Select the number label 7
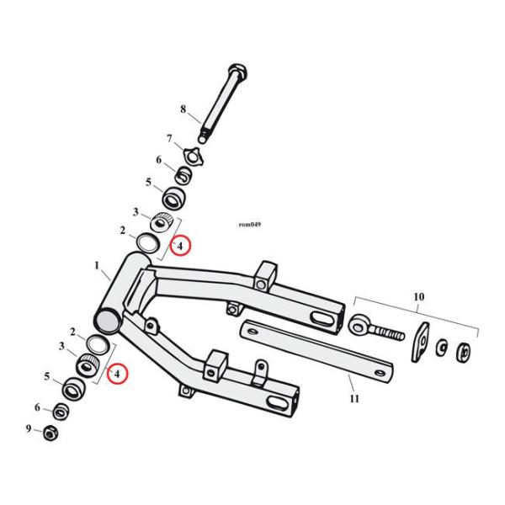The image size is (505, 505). [x=168, y=139]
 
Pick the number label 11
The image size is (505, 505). [x=353, y=398]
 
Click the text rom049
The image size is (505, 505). [x=251, y=225]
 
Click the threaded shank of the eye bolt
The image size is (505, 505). [x=387, y=331]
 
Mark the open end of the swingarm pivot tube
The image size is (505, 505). [x=108, y=322]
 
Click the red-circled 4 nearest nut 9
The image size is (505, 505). [x=117, y=372]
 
